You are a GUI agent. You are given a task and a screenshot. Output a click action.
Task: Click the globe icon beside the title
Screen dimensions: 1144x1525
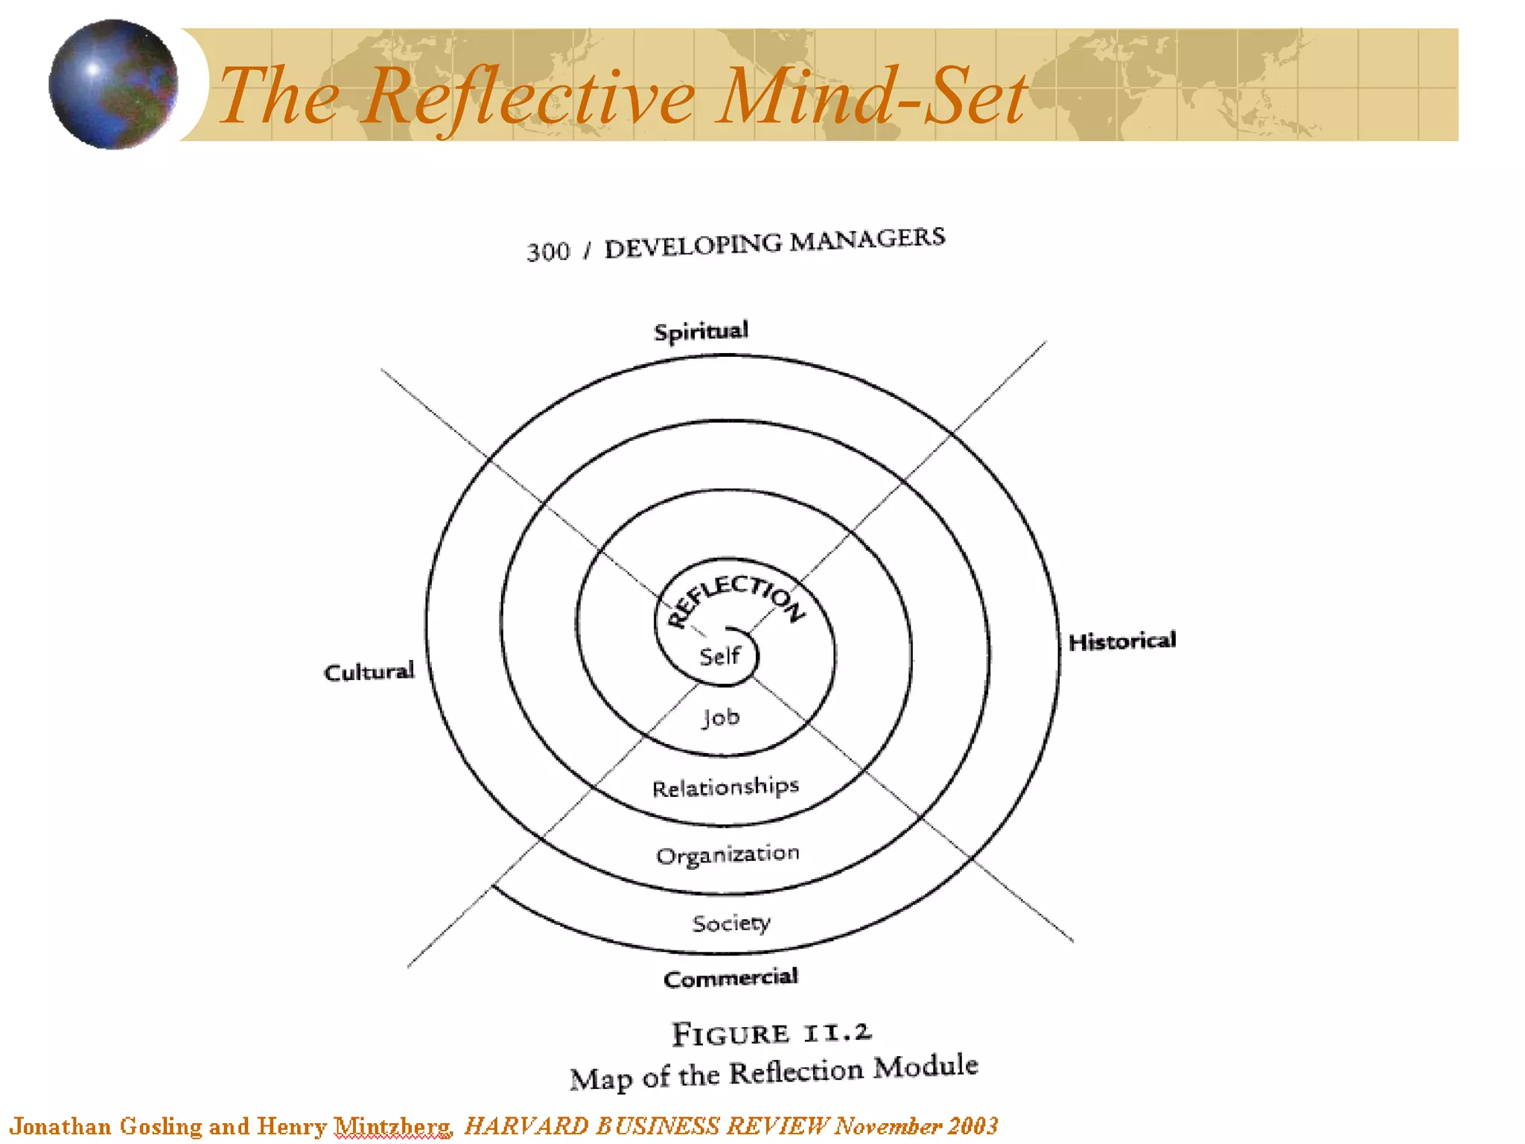(x=113, y=84)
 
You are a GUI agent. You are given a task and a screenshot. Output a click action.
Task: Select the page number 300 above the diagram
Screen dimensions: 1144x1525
(x=548, y=252)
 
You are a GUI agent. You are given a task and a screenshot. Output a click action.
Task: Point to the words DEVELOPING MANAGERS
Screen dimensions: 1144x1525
(x=774, y=243)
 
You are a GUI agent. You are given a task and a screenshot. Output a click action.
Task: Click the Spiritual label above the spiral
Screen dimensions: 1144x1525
(x=701, y=331)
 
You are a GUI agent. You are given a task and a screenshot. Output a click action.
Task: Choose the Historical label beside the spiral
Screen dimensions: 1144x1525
(x=1121, y=641)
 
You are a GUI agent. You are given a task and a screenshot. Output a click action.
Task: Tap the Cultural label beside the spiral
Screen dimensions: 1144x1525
(x=369, y=672)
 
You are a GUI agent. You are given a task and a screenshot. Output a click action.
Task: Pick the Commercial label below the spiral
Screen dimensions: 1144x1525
(x=730, y=978)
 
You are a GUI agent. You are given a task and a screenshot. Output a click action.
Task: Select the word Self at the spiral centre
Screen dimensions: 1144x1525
(x=719, y=656)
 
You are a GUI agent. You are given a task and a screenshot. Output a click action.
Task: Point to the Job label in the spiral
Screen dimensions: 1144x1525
(x=721, y=717)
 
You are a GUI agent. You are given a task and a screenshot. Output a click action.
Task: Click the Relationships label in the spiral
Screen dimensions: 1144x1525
(x=725, y=787)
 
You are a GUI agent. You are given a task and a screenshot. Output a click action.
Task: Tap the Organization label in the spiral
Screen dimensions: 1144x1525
(x=728, y=854)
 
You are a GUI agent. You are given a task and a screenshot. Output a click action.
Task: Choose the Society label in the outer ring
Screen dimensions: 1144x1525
(x=731, y=924)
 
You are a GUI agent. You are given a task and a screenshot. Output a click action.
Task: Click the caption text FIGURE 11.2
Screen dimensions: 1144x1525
(x=771, y=1033)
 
